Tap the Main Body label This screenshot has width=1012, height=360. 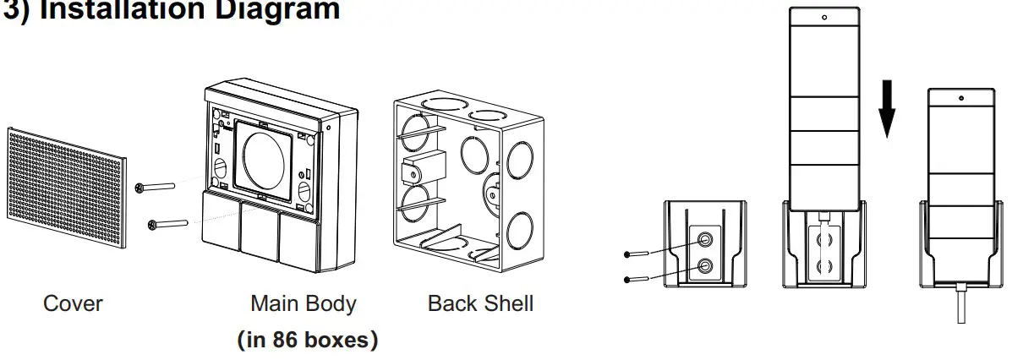[303, 303]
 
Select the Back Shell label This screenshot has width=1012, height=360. [480, 303]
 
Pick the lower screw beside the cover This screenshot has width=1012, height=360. [167, 224]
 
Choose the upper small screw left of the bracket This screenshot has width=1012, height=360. [637, 253]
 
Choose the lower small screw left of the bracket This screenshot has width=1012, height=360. [637, 279]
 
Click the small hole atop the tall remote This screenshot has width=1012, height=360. [823, 16]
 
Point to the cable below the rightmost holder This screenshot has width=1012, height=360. [961, 303]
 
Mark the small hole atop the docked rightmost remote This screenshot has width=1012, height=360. [962, 99]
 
